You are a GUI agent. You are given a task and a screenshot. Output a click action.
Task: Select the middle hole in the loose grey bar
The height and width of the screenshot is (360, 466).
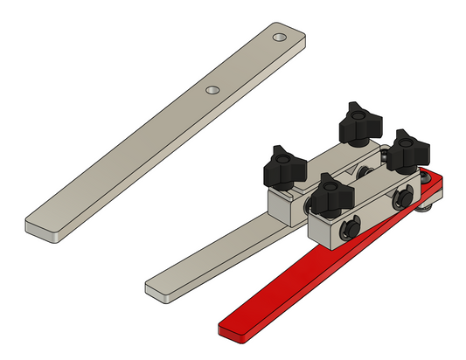212,90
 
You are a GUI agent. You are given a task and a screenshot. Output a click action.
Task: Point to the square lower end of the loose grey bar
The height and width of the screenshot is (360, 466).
44,228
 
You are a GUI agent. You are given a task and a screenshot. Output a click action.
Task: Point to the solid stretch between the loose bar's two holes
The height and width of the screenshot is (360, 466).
245,64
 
